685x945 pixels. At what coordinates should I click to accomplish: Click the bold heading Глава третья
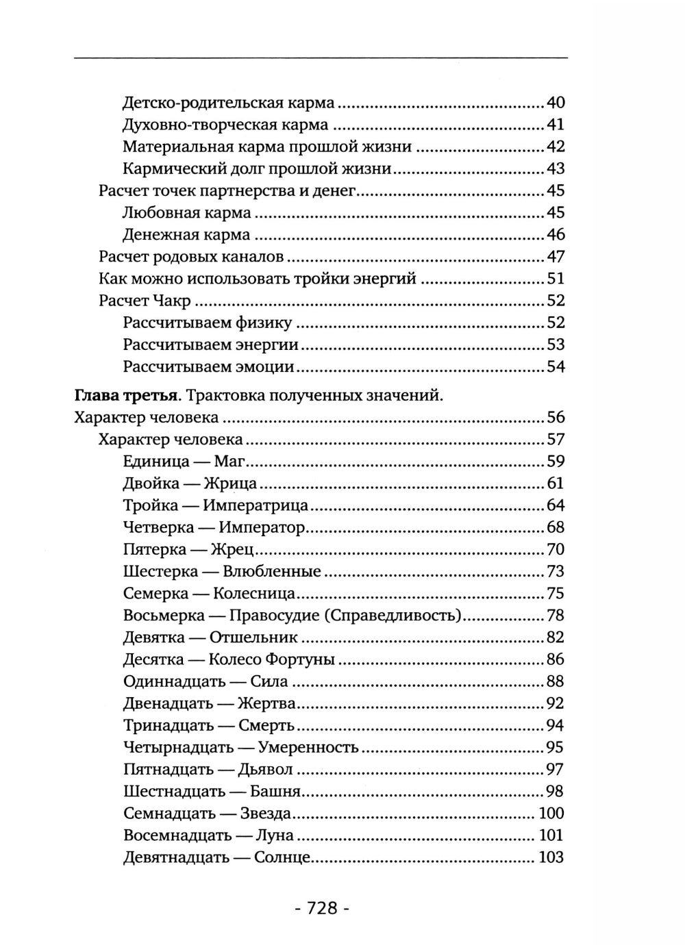[126, 396]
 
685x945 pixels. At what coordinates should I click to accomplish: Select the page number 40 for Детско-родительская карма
[556, 103]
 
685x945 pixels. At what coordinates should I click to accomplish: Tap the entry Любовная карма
[186, 213]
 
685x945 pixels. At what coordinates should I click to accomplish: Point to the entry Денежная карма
[186, 235]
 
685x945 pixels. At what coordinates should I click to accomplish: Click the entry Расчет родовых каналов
[191, 257]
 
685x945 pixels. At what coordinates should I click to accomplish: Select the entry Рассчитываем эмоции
[208, 366]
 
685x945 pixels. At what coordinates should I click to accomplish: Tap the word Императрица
[256, 505]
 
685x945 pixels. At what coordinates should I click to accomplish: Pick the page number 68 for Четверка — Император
[556, 527]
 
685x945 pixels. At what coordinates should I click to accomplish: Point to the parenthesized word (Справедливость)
[393, 615]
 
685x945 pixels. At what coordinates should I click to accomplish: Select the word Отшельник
[253, 638]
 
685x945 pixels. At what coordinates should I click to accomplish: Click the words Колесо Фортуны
[271, 659]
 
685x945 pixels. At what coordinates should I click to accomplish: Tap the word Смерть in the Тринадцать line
[266, 725]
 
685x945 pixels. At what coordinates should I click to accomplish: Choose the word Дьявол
[265, 769]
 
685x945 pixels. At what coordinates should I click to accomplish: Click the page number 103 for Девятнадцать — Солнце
[551, 857]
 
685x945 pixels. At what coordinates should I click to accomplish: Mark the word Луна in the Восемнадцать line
[274, 835]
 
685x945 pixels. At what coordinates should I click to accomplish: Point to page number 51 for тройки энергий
[556, 279]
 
